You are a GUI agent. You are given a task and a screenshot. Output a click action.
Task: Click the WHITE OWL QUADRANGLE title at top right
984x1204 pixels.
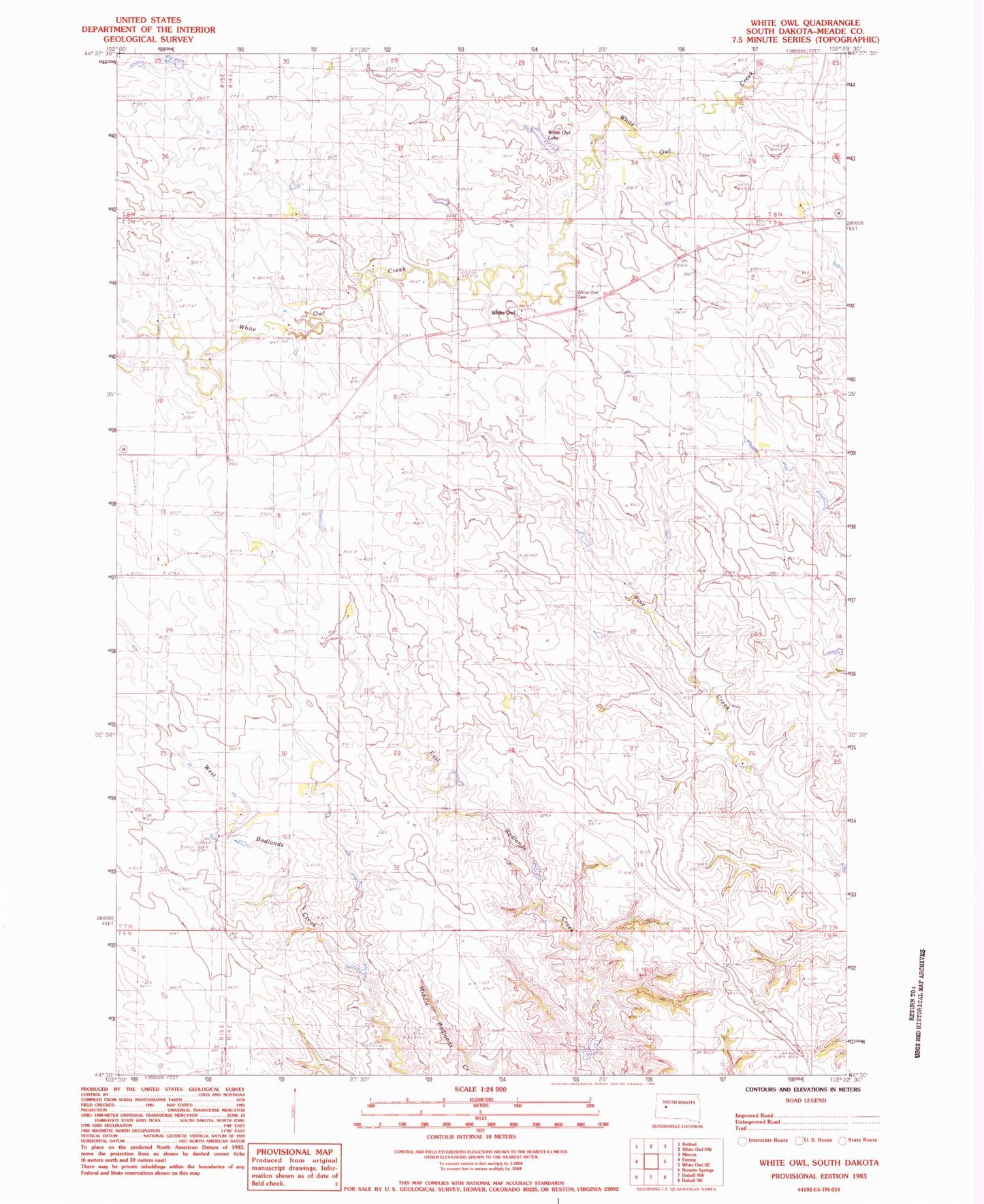[805, 22]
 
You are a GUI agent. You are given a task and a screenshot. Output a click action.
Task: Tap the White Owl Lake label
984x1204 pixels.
[559, 135]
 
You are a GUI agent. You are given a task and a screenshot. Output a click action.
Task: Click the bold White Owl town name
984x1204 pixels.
[504, 313]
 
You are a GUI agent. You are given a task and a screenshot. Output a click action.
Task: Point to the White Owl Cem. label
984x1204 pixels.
[588, 294]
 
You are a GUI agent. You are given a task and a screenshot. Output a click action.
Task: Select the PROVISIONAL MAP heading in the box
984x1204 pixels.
[294, 1152]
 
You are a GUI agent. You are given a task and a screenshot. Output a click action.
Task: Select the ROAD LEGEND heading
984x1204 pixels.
[806, 1100]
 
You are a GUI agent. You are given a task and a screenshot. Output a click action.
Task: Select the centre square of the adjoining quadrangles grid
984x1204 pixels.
[651, 1161]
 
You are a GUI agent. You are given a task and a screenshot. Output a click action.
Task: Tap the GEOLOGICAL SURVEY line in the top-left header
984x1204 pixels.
[148, 39]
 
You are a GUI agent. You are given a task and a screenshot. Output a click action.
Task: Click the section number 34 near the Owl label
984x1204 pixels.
[634, 162]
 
